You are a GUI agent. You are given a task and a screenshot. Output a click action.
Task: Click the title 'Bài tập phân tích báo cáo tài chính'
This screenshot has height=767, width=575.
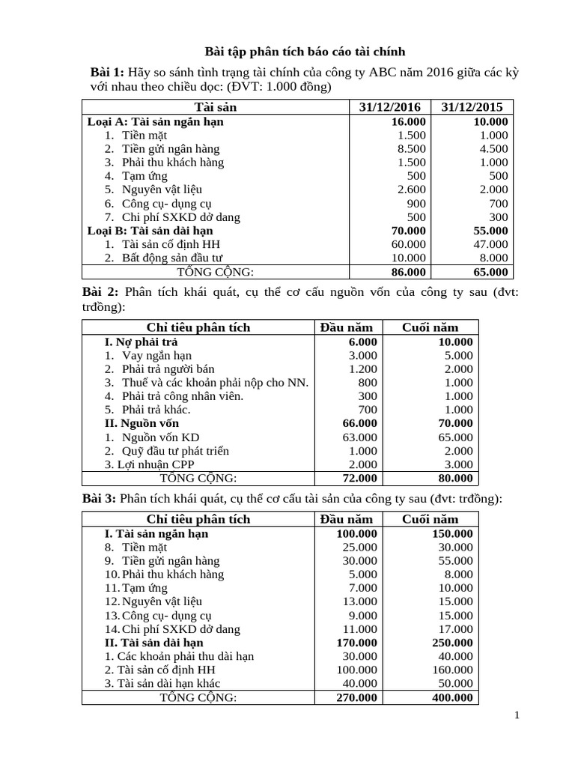click(305, 52)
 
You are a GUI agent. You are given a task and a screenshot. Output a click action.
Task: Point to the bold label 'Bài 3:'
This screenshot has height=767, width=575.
click(98, 499)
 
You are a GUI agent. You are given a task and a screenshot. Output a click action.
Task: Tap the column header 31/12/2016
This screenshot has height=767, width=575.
click(390, 107)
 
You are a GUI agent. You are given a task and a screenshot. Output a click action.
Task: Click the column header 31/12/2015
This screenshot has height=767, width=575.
click(472, 107)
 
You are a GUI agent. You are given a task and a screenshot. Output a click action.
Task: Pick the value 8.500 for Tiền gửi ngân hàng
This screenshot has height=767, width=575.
click(411, 148)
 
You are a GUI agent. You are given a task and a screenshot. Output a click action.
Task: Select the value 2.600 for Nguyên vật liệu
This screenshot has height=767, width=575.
click(411, 190)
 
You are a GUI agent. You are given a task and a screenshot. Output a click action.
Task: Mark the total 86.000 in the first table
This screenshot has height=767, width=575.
click(408, 272)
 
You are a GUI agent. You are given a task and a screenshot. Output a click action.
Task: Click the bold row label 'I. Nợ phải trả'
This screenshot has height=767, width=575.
click(141, 342)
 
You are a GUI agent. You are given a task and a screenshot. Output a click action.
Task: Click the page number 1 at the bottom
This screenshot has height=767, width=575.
click(517, 716)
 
